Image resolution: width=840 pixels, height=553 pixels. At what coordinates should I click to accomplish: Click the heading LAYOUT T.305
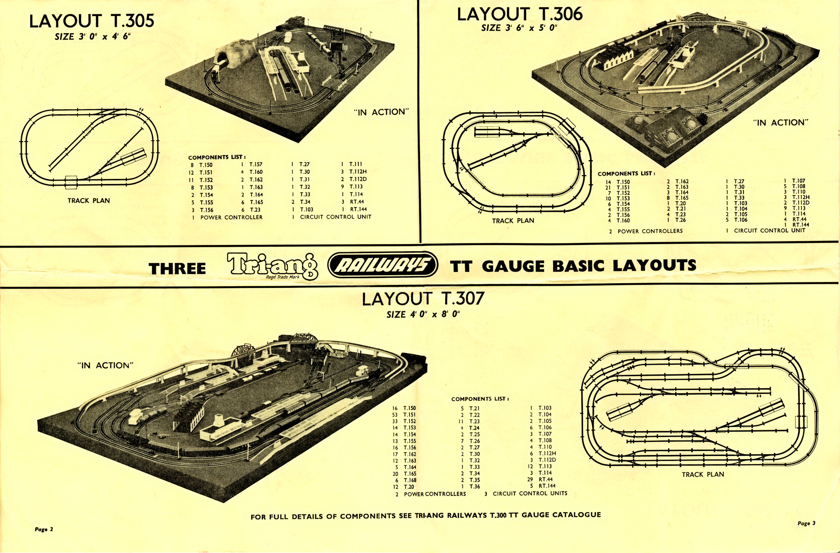point(92,21)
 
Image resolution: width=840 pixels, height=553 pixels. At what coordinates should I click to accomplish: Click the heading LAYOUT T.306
point(520,14)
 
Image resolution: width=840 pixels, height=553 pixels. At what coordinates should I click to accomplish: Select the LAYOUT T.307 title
point(423,299)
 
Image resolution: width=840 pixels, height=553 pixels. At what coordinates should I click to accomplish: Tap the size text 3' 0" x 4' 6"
point(92,37)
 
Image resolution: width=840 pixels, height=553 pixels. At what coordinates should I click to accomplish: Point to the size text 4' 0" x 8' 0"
point(423,314)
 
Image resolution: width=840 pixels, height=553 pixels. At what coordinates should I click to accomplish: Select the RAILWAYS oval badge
point(383,265)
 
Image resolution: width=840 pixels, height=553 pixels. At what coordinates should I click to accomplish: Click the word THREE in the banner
point(177,269)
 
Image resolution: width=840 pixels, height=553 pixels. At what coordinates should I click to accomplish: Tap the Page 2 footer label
point(44,529)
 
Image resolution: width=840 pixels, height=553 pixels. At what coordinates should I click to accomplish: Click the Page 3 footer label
point(806,523)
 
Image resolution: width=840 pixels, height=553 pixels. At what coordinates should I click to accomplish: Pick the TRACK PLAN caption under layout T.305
point(89,201)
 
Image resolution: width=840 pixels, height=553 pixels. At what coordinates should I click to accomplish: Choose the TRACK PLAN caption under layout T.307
point(703,474)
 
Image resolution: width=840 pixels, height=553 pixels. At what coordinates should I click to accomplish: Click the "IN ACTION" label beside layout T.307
point(105,366)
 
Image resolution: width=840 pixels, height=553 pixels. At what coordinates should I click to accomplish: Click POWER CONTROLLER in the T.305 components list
point(231,217)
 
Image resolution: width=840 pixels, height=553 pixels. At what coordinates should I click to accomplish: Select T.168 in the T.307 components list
point(410,480)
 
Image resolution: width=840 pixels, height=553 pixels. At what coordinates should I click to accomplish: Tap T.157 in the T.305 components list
point(256,164)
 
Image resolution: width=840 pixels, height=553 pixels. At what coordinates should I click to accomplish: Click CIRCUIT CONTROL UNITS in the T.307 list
point(530,493)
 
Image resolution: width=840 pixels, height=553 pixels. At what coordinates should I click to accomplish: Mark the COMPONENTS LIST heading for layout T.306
point(626,174)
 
